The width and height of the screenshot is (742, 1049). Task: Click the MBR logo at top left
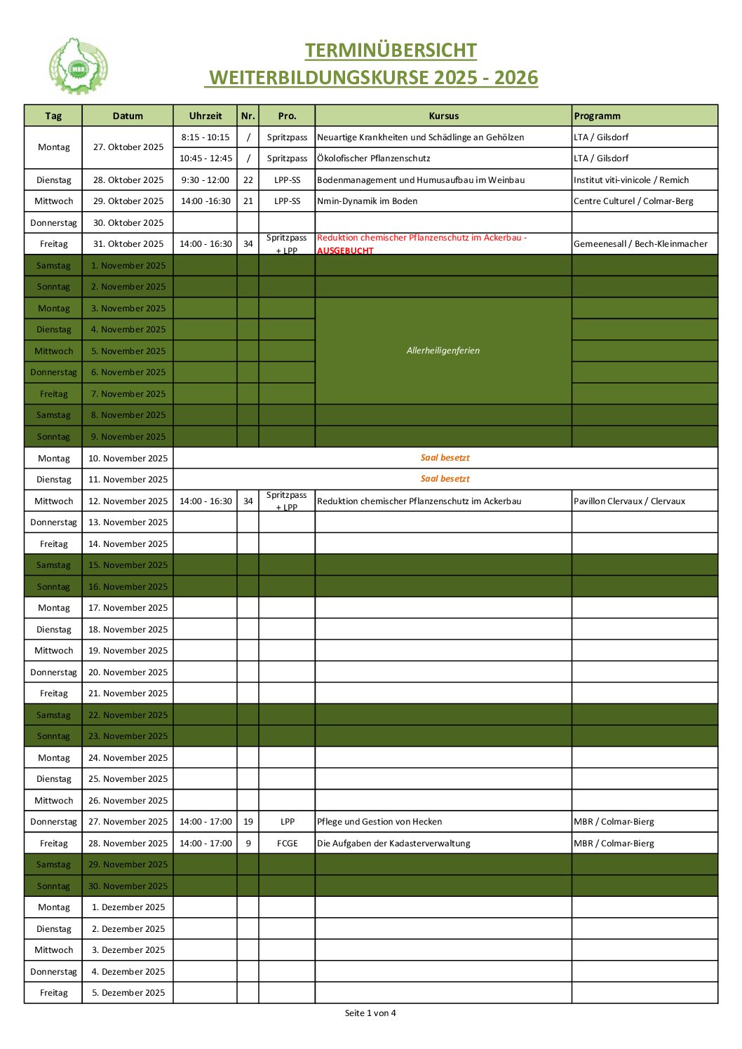(78, 67)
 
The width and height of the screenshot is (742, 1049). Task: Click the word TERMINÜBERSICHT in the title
(391, 50)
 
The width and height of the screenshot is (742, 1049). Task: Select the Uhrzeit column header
(205, 116)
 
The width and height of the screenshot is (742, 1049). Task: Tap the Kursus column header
(443, 116)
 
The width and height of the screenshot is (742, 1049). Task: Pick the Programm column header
(597, 116)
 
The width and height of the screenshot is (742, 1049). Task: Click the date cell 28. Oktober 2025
(128, 180)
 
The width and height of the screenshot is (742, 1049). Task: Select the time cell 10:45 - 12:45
(205, 158)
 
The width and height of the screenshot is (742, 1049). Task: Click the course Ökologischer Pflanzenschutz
(374, 158)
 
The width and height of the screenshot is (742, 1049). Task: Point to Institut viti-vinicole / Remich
(631, 180)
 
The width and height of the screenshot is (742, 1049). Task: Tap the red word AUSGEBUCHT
(345, 250)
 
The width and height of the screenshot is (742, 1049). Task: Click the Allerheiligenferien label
(443, 351)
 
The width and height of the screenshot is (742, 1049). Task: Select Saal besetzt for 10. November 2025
(445, 458)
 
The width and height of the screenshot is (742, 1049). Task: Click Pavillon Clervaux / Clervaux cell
(629, 501)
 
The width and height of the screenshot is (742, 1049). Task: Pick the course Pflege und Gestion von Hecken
(379, 822)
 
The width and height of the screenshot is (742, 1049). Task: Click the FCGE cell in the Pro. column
(287, 844)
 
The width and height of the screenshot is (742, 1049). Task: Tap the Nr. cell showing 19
(248, 822)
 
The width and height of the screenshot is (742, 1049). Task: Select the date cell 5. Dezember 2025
(128, 993)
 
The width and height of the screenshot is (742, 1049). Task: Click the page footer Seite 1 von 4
(370, 1013)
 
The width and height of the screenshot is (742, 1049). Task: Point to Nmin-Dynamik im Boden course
(367, 201)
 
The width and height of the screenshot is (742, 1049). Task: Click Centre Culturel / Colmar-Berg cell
(633, 201)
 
